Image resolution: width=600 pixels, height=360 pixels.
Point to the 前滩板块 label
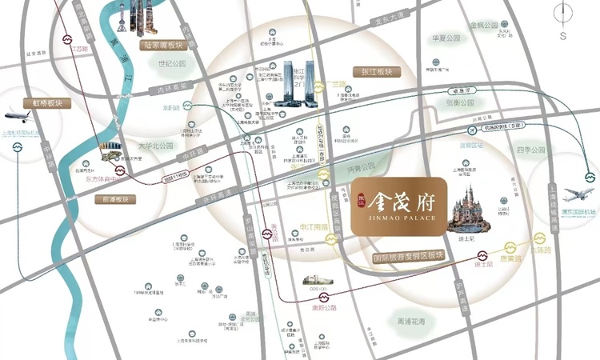(118, 199)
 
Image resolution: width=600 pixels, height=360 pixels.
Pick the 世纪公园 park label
(171, 63)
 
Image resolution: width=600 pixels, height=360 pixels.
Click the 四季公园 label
(530, 150)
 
